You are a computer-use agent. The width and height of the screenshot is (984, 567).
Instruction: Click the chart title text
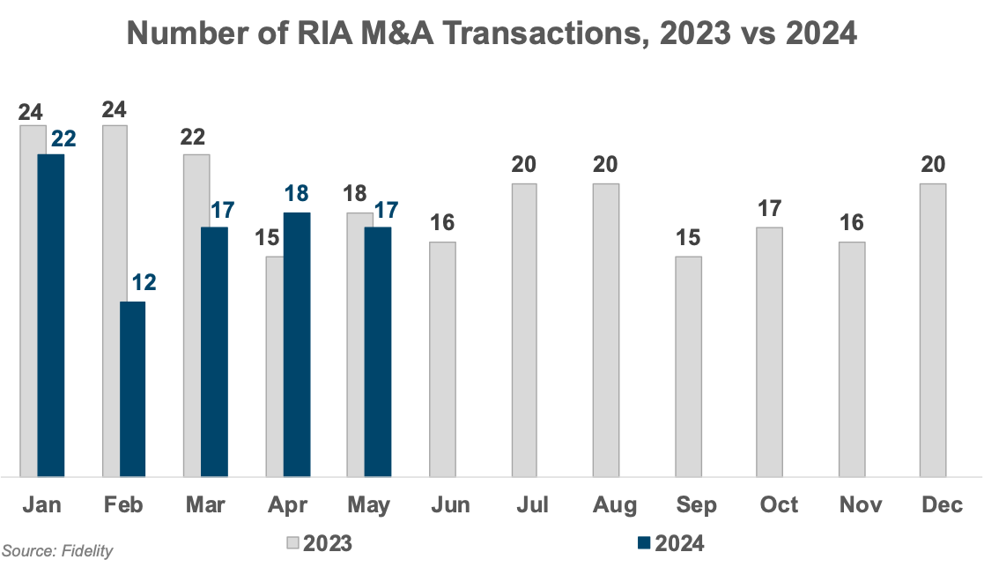[x=492, y=34]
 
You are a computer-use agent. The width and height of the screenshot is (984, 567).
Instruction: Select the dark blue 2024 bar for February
[x=133, y=388]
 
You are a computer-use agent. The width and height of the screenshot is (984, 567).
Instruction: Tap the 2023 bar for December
[x=933, y=329]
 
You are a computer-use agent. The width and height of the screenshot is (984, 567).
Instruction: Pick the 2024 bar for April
[x=296, y=344]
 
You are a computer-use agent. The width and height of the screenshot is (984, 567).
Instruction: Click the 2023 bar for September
[x=689, y=366]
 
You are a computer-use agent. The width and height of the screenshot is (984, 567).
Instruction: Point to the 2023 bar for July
[x=525, y=329]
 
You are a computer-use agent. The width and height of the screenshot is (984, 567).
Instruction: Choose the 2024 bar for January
[x=51, y=315]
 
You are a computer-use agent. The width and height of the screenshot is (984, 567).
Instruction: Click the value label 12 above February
[x=144, y=283]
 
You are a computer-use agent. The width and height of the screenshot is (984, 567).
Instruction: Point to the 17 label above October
[x=769, y=210]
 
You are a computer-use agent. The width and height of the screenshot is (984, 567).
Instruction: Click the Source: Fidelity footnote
[x=57, y=551]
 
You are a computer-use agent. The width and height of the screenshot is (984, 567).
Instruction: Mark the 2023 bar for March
[x=196, y=315]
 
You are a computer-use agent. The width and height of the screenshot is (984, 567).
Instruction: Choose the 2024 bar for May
[x=378, y=351]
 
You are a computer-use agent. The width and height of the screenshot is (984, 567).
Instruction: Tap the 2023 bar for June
[x=443, y=359]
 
